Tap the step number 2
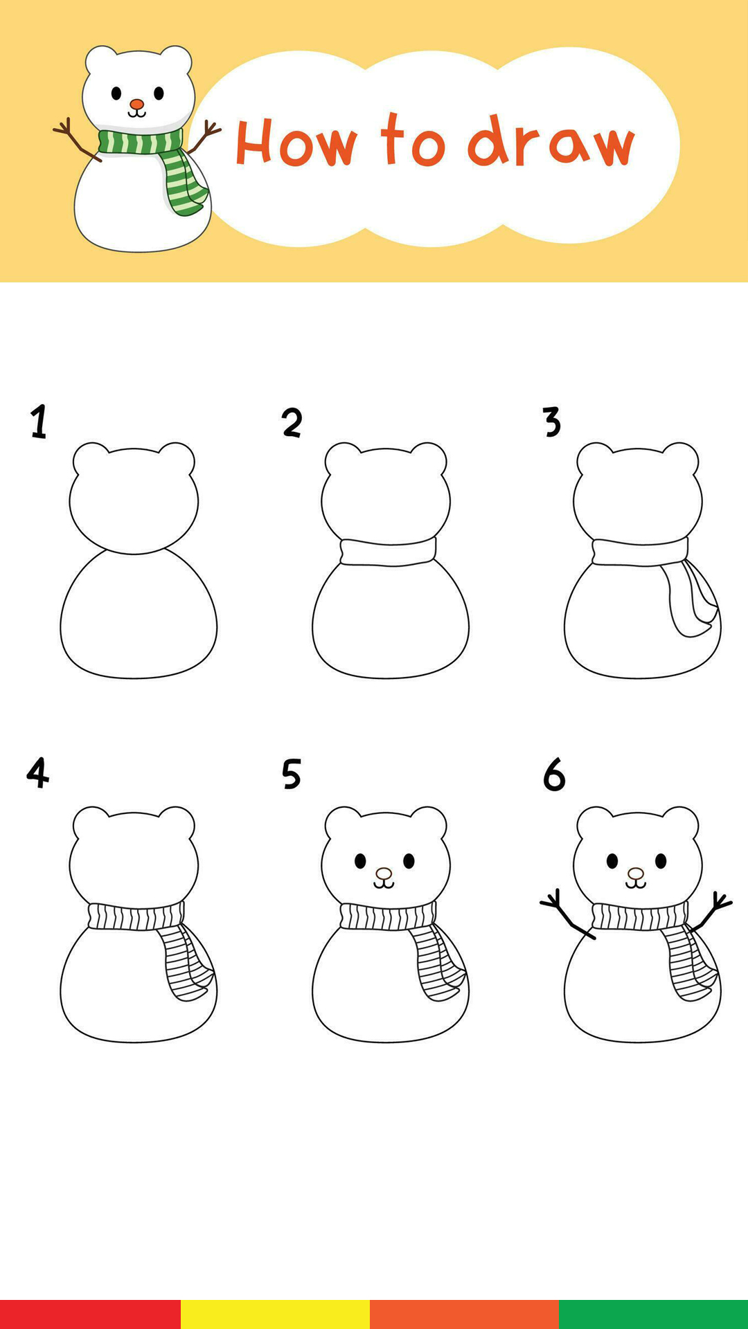click(292, 422)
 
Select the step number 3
click(551, 422)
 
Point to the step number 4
click(37, 772)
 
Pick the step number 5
click(292, 774)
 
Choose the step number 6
click(554, 774)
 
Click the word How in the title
click(296, 143)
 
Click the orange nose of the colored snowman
click(137, 105)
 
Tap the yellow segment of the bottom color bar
click(275, 1314)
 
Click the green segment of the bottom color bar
click(653, 1314)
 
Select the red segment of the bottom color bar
click(90, 1314)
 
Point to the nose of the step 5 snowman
click(384, 874)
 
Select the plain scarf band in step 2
click(388, 552)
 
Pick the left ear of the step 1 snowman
click(90, 457)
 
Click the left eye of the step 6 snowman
click(612, 861)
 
